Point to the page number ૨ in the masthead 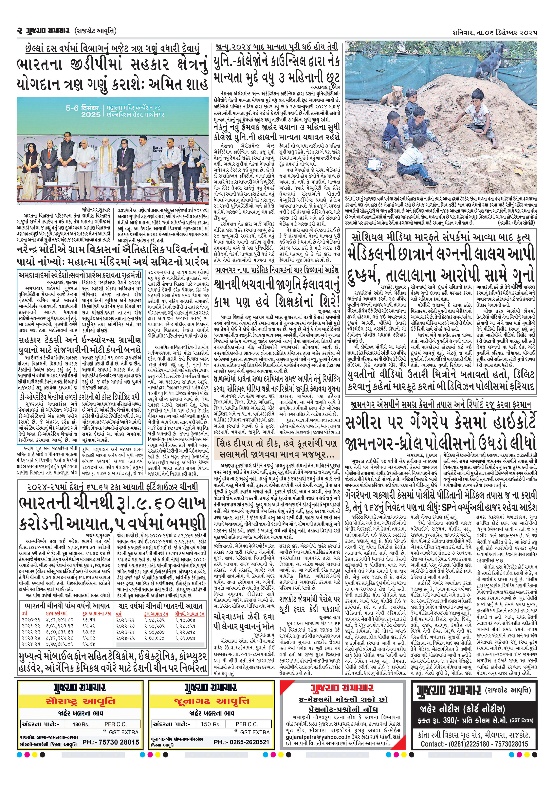coord(20,31)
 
